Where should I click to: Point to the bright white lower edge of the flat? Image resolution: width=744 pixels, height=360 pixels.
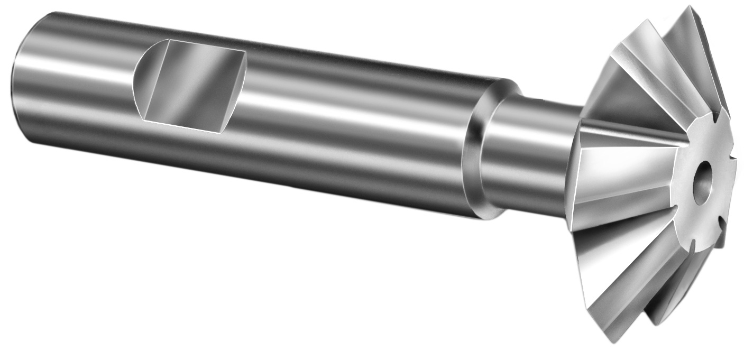(180, 127)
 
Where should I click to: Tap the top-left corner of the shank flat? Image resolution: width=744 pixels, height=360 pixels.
(168, 40)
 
